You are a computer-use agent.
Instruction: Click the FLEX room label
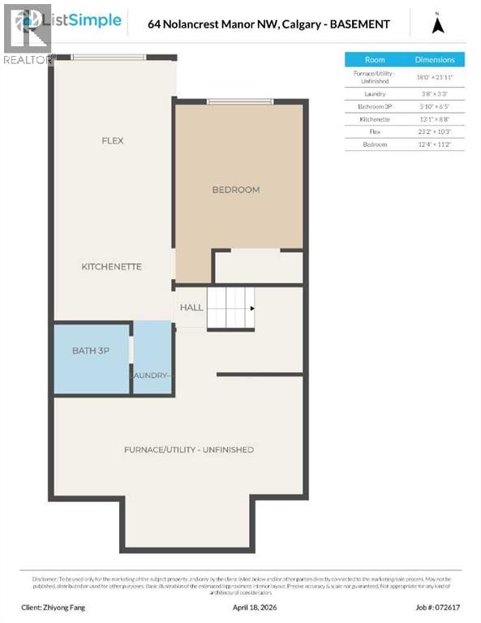(112, 140)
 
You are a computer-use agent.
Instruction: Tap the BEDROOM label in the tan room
(235, 190)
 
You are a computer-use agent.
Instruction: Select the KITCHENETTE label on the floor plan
(112, 266)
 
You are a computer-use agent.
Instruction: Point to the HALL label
(191, 308)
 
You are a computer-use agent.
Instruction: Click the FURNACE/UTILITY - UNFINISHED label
(189, 449)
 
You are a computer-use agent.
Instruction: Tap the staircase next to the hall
(230, 308)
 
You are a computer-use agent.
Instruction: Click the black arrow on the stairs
(252, 308)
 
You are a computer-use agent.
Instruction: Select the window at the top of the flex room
(110, 57)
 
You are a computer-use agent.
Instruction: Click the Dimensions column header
(435, 59)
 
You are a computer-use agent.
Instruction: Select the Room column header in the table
(375, 59)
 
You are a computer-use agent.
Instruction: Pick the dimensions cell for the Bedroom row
(435, 144)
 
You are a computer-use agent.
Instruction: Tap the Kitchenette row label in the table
(375, 118)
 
